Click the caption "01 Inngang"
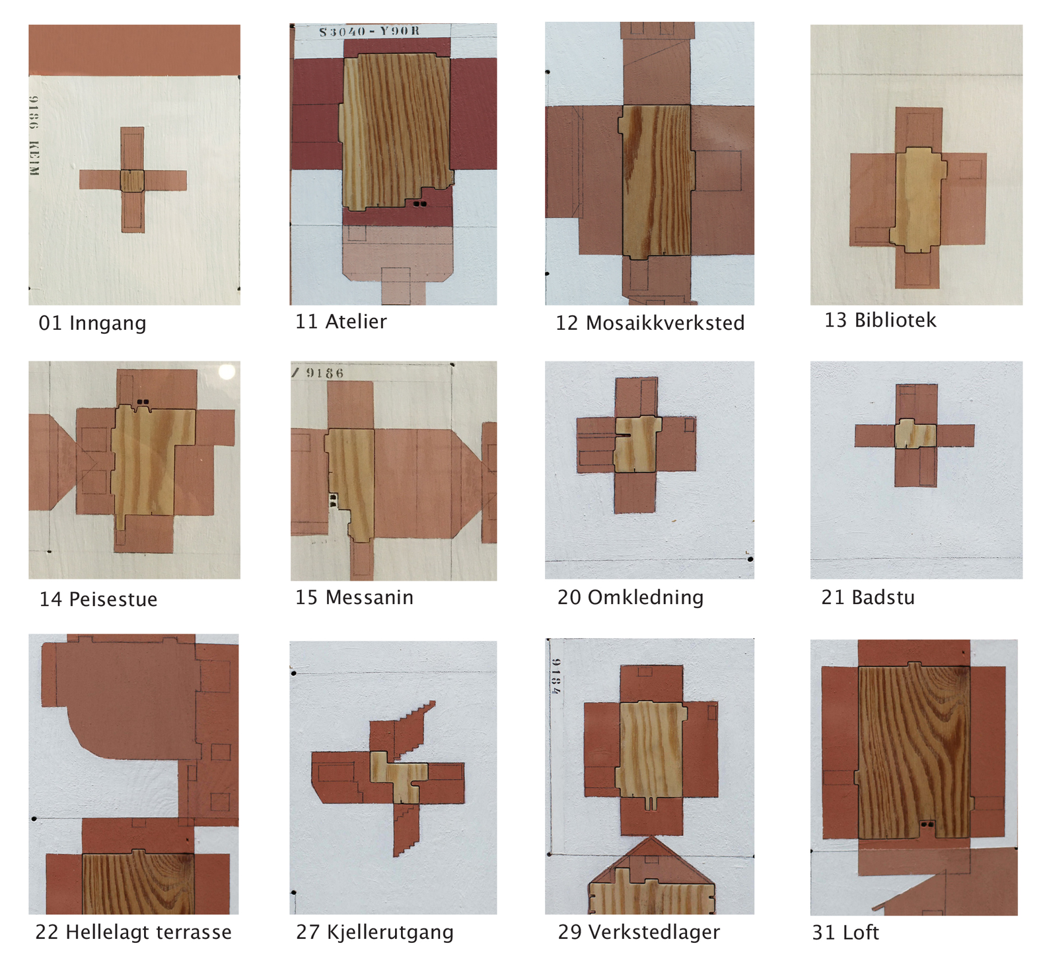pos(92,323)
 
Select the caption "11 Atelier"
pos(341,321)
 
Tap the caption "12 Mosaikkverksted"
pos(650,322)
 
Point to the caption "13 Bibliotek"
pos(880,320)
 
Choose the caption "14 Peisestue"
pos(98,599)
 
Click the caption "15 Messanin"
pos(354,597)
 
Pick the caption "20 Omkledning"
pos(630,597)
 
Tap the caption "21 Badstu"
pos(868,597)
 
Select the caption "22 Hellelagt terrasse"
pos(133,932)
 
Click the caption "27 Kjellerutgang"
pos(375,932)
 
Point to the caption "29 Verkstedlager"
pos(639,932)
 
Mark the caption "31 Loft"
pos(845,932)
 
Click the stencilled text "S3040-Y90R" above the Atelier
pos(369,32)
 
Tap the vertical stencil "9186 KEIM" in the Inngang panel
pos(34,135)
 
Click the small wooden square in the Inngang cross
pos(132,180)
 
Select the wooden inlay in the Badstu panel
pos(915,433)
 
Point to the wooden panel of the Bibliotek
pos(917,200)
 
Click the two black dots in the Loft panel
pos(927,825)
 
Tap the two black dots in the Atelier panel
pos(419,204)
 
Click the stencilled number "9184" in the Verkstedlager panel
pos(556,676)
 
